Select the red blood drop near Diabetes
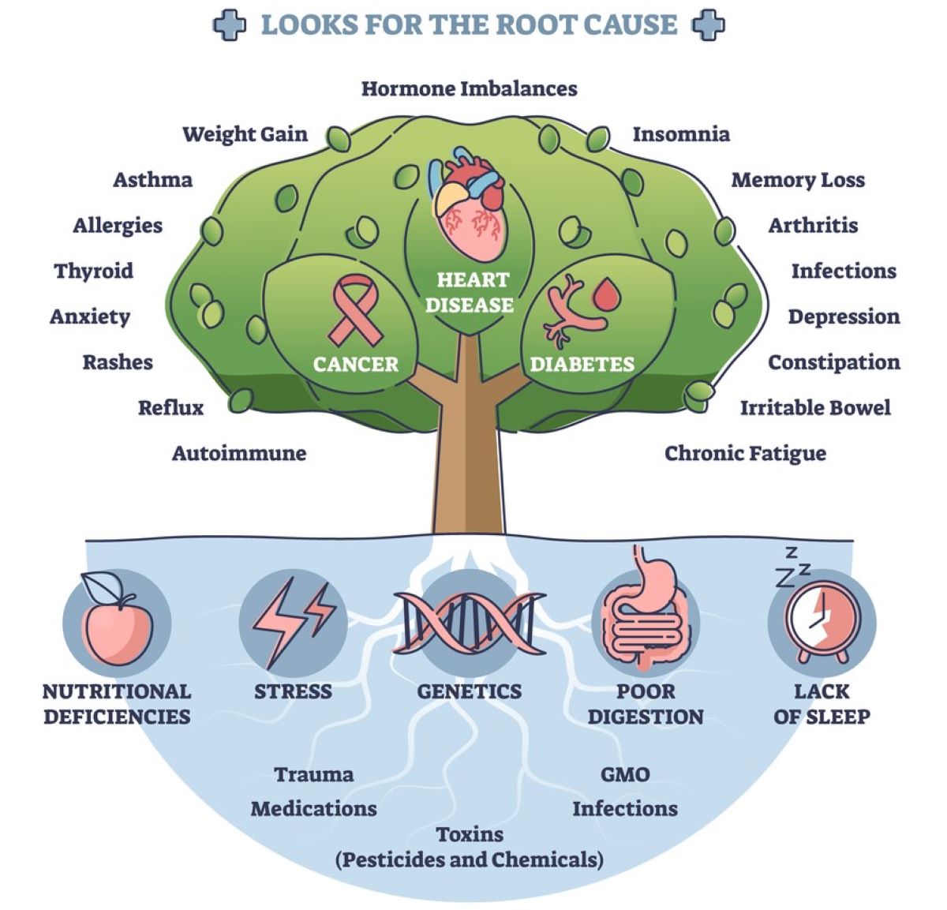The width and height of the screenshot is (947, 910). coord(607,295)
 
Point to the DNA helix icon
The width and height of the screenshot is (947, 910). coord(470,624)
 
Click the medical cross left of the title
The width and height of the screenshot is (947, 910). coord(230,24)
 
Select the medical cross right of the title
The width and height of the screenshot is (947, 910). coord(708,24)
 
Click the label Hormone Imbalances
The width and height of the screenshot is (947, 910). coord(470,88)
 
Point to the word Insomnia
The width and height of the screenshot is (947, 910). coord(681,134)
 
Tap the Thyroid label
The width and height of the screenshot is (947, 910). coord(94,272)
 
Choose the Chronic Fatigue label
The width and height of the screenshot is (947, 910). coord(745,454)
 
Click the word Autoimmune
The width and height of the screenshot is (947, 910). coord(239,454)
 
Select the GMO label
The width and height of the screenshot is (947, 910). coord(625,774)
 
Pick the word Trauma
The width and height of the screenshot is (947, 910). coord(314,774)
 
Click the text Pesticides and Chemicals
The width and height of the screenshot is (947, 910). coord(470,859)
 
